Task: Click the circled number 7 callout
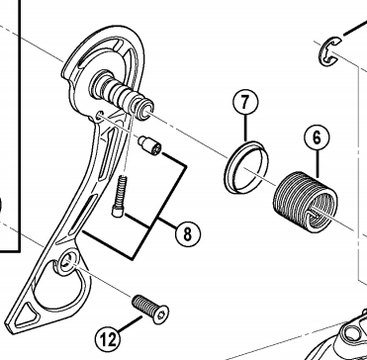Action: click(245, 103)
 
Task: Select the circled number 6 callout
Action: click(317, 137)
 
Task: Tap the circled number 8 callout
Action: click(187, 233)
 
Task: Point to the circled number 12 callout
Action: click(108, 339)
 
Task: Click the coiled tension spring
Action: click(305, 202)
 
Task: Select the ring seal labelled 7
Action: click(246, 167)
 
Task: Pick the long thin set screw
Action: click(120, 196)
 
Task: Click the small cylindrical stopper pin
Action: click(149, 145)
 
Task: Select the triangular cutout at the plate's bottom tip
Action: click(26, 315)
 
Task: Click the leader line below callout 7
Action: click(245, 129)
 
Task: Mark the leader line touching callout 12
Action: click(131, 324)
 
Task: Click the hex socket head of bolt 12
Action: click(161, 315)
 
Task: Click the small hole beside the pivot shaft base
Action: click(99, 115)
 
